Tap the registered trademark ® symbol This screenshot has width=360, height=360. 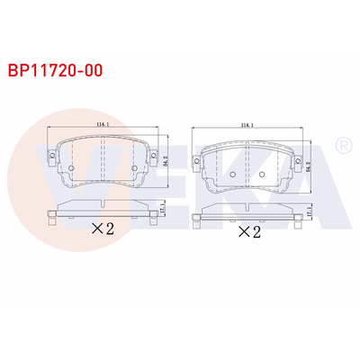click(343, 145)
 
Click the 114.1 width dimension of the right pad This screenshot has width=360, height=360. click(245, 126)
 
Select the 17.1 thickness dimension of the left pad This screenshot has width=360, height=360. click(162, 210)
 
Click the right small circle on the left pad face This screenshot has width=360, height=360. click(132, 168)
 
